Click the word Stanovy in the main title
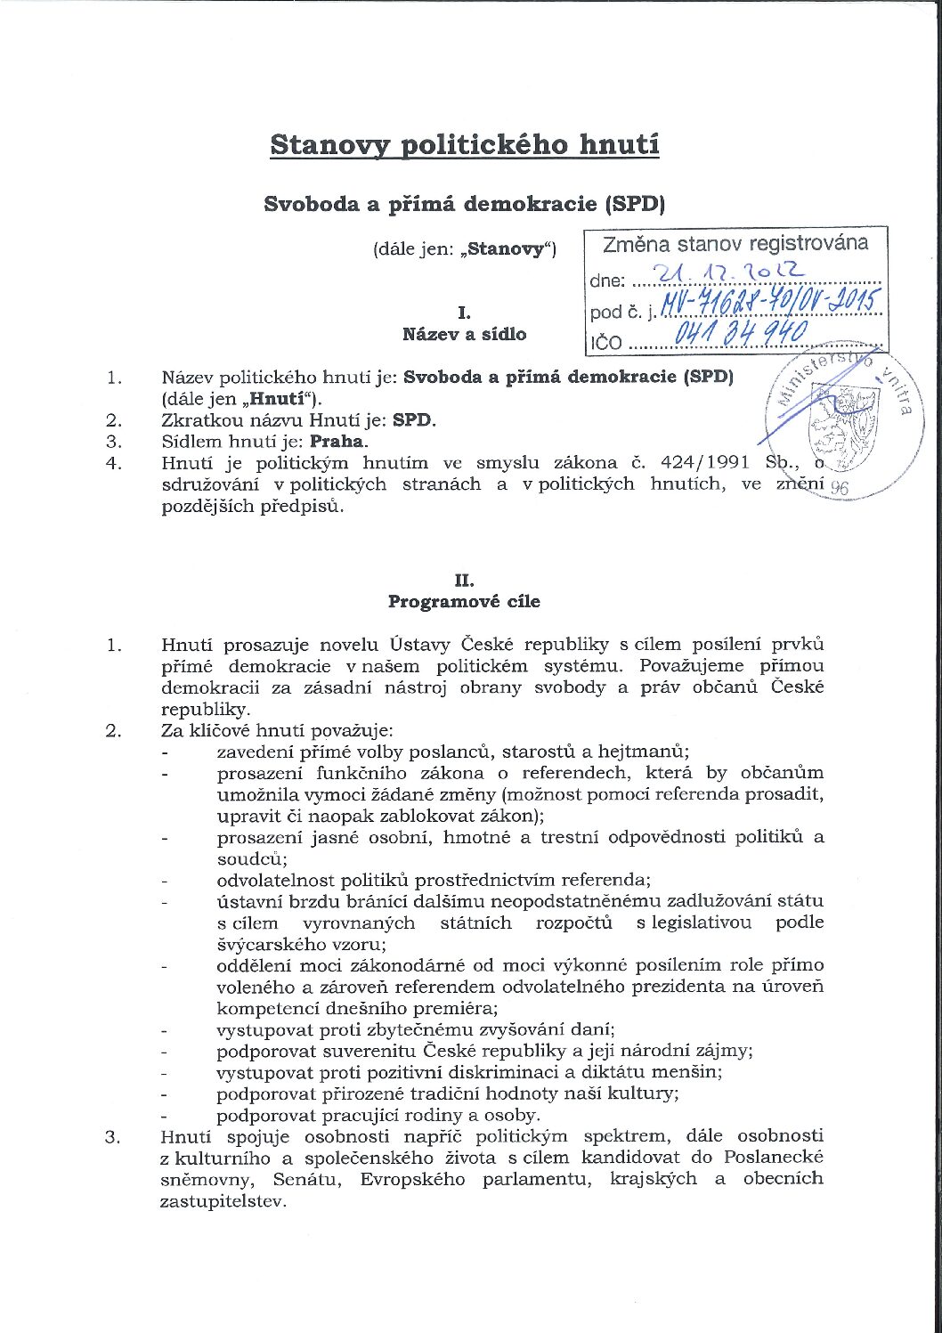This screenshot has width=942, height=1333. coord(330,145)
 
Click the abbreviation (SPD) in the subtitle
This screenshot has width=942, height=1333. coord(635,204)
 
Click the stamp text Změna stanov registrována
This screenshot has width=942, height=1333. coord(735,244)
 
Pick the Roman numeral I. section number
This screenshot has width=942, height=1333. coord(464,313)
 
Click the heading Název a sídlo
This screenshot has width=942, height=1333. coord(464,335)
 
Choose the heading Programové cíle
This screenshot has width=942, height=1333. coord(464,602)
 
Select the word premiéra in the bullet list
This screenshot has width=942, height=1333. coord(457,1009)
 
